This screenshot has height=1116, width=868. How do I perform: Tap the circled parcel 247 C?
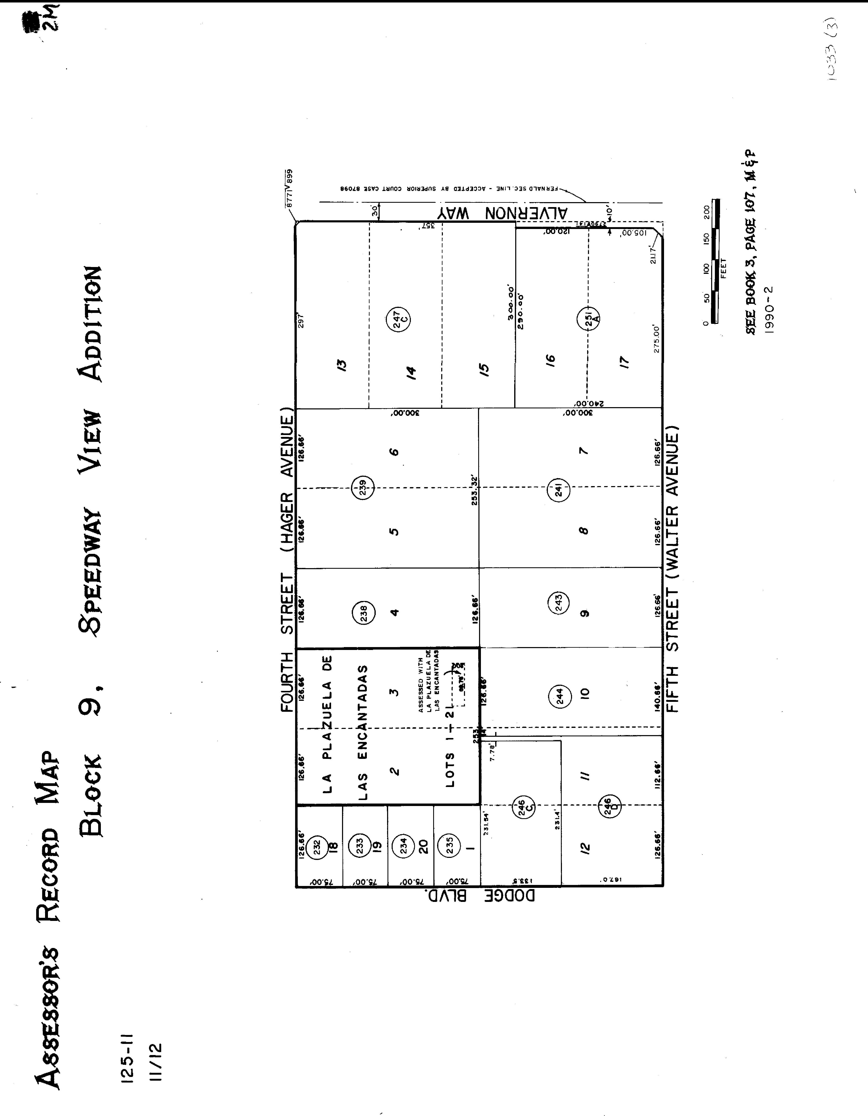pyautogui.click(x=398, y=319)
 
